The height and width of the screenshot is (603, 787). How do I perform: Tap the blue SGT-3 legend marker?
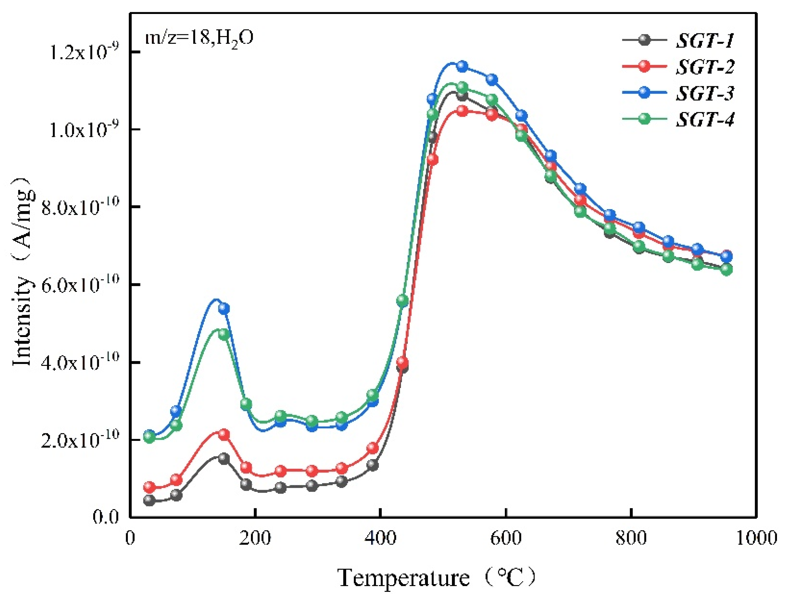point(645,93)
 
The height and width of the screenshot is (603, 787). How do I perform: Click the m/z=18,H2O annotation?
point(200,38)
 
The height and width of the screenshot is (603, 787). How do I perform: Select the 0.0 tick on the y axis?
point(106,517)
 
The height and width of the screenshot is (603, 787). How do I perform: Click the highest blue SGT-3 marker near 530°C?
point(462,66)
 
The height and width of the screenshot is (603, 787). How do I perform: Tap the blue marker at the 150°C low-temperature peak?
point(224,308)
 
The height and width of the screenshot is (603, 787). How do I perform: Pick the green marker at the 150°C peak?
point(224,334)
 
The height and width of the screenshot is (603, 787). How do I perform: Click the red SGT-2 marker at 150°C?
point(224,434)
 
